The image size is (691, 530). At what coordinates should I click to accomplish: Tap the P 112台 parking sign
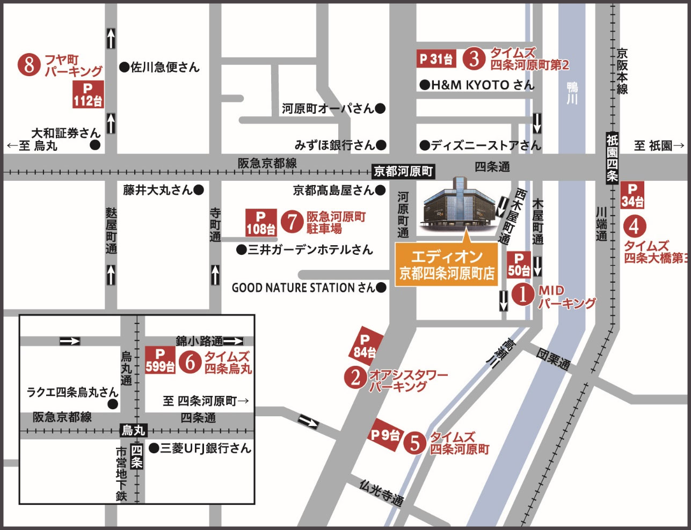coord(88,94)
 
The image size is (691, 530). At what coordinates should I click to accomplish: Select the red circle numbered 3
coord(474,58)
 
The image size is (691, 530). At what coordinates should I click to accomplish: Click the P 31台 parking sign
coord(437,58)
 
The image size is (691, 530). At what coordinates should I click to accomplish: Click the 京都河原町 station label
coord(403,171)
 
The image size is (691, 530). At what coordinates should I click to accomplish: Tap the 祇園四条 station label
coord(613,158)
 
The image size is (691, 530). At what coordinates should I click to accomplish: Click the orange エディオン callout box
coord(446,264)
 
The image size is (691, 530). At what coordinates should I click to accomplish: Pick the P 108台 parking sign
coord(261,222)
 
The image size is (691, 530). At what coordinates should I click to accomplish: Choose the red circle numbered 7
coord(292,222)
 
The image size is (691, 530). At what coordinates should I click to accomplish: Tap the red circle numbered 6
coord(190,362)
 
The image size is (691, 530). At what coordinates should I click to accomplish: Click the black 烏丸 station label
coord(134,430)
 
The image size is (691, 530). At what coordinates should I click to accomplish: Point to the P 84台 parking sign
coord(365,346)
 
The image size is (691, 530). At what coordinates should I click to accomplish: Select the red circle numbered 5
coord(414,443)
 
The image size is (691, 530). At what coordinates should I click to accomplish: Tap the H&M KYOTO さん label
coord(477,85)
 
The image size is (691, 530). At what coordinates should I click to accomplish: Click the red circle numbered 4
coord(634,226)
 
